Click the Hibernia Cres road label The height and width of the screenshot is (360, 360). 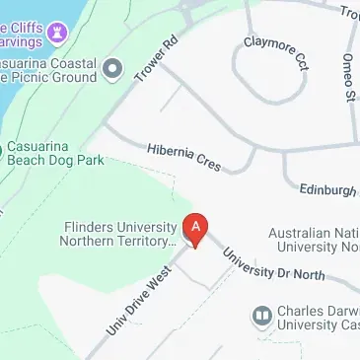183,159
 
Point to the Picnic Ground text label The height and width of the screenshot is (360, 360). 61,76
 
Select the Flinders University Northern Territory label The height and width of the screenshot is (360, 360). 118,233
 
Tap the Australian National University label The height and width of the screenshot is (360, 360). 314,240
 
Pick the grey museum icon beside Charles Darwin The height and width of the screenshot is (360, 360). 262,316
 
